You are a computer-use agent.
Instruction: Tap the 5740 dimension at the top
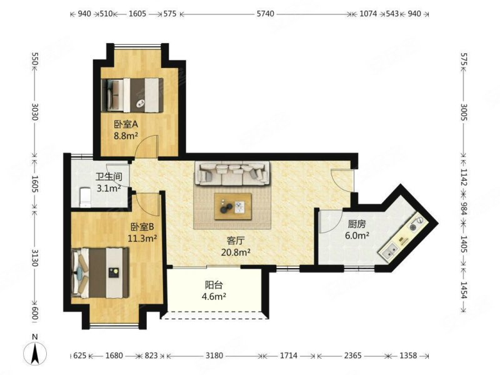pos(265,14)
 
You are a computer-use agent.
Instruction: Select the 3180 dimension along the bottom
pos(214,355)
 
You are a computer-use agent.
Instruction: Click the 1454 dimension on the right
pos(464,290)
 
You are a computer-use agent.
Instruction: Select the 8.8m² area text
pos(126,136)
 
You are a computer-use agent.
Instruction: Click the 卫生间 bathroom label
pos(109,176)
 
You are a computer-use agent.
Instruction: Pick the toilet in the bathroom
pos(85,197)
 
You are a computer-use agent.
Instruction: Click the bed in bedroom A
pos(132,95)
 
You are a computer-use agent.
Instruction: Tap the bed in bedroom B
pos(101,272)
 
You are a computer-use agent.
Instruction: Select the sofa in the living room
pos(232,173)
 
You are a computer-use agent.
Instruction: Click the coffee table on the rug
pos(232,206)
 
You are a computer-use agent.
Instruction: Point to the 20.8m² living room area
pos(236,252)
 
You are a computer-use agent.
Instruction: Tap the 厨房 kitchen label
pos(357,224)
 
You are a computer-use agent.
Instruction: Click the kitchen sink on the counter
pos(389,250)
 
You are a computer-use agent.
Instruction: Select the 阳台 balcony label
pos(214,284)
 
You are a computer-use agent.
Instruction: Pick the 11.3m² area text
pos(142,238)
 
